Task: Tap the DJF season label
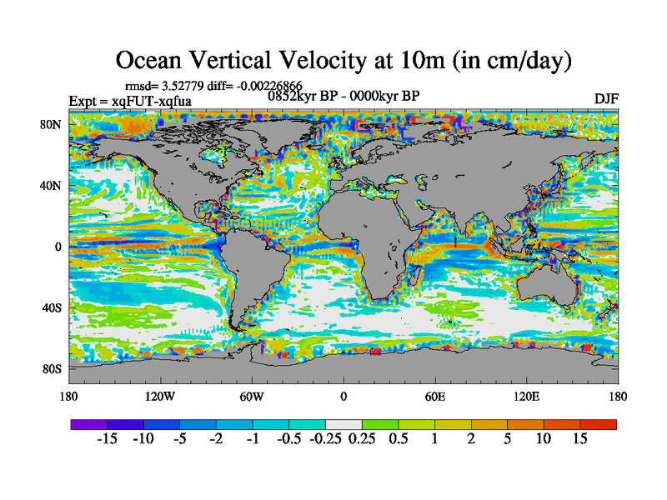tap(606, 99)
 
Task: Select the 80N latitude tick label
tap(53, 125)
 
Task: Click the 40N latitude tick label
tap(53, 186)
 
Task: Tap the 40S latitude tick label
tap(53, 307)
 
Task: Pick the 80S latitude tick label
tap(53, 368)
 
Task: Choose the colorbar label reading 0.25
tap(361, 439)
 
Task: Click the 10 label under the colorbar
tap(543, 439)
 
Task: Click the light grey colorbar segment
tap(344, 424)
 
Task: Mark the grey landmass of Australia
tap(547, 288)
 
